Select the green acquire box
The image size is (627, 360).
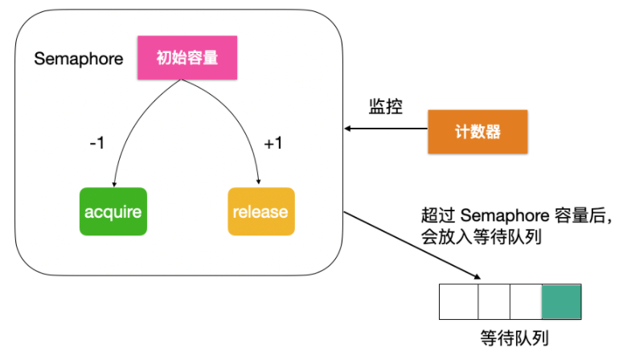click(113, 212)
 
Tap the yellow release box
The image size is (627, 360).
click(260, 212)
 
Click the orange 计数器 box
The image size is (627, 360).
click(477, 132)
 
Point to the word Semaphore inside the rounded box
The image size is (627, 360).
click(79, 59)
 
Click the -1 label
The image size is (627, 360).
click(97, 143)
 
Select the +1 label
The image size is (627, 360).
click(273, 143)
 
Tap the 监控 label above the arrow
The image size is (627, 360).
click(385, 108)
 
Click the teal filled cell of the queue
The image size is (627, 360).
click(561, 301)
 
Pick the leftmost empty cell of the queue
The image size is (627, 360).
click(458, 301)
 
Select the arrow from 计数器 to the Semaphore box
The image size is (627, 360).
click(386, 129)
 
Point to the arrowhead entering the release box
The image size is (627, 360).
click(259, 182)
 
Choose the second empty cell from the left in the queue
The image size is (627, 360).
click(494, 301)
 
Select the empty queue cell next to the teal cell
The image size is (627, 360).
click(526, 301)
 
